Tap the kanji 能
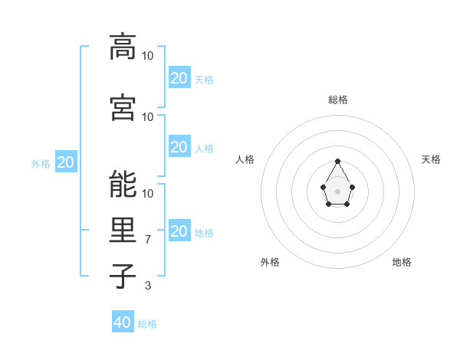point(122,183)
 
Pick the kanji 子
point(122,276)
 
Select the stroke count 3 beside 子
point(149,285)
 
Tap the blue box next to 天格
point(179,77)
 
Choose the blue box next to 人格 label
point(179,146)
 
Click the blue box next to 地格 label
point(179,231)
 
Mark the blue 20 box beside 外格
point(66,162)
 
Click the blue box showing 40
point(123,322)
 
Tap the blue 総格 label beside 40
point(147,324)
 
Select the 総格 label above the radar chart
point(337,100)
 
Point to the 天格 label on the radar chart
point(431,159)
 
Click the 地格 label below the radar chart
point(402,262)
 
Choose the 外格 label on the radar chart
point(270,262)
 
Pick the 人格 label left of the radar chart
point(245,159)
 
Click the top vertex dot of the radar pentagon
point(337,161)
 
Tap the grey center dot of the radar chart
point(337,191)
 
